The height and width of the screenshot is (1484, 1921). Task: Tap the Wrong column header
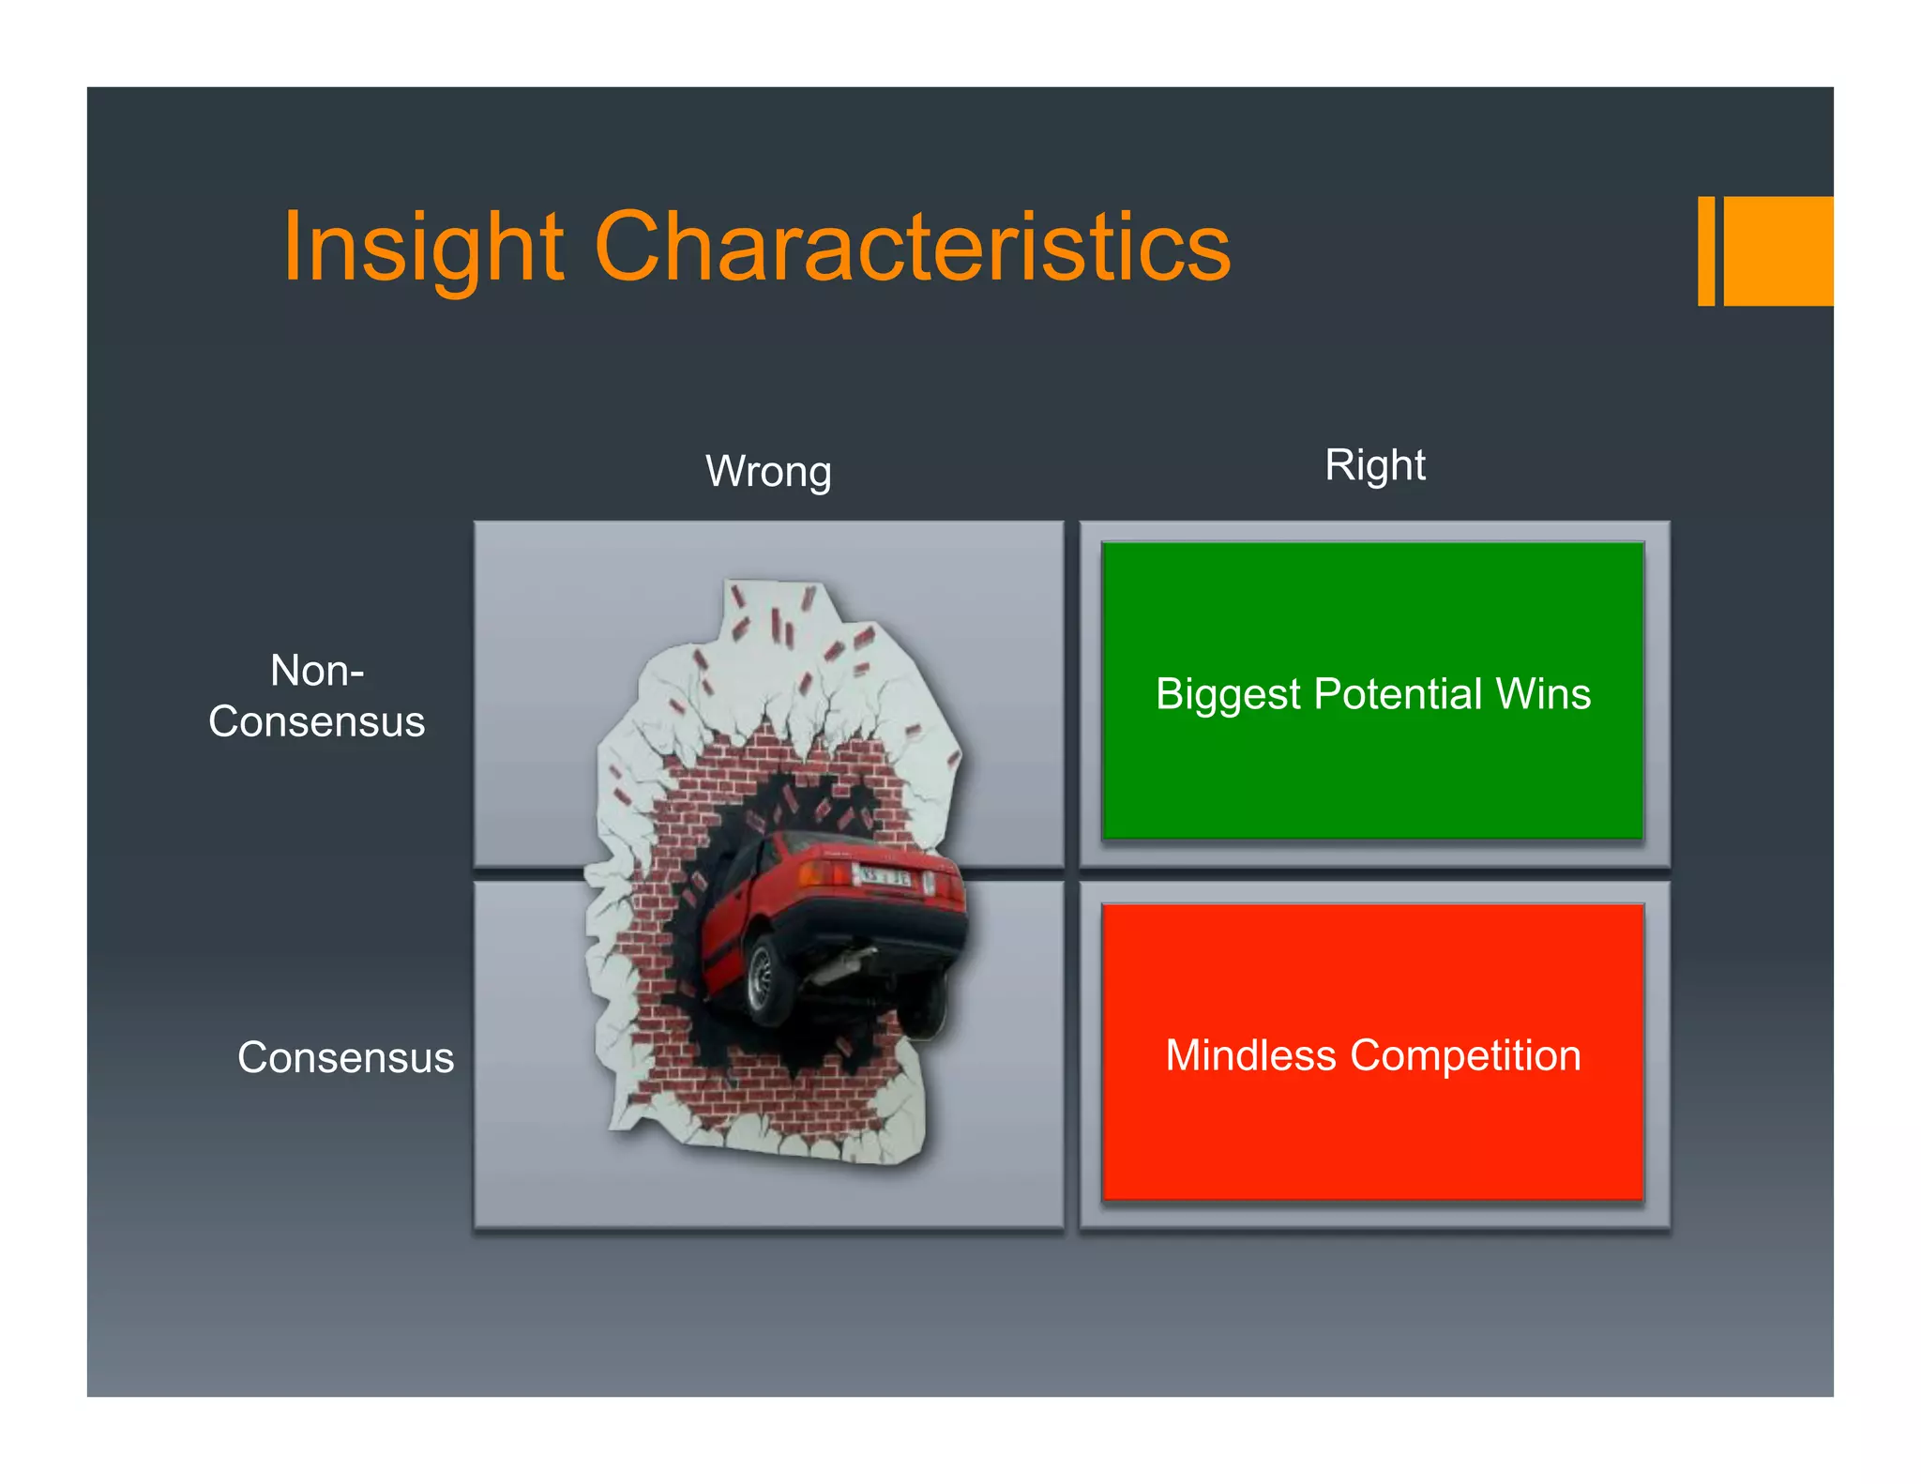click(x=768, y=471)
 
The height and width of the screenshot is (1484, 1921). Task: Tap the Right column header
click(x=1374, y=464)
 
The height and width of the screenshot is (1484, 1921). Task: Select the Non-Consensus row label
click(x=317, y=696)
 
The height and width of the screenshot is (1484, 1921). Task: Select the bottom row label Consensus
click(x=345, y=1057)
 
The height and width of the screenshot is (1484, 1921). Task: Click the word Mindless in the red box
click(x=1249, y=1055)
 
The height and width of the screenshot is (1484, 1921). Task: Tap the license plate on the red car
click(x=885, y=878)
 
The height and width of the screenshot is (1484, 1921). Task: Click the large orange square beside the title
click(x=1778, y=251)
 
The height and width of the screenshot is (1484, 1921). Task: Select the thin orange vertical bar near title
click(x=1706, y=251)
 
